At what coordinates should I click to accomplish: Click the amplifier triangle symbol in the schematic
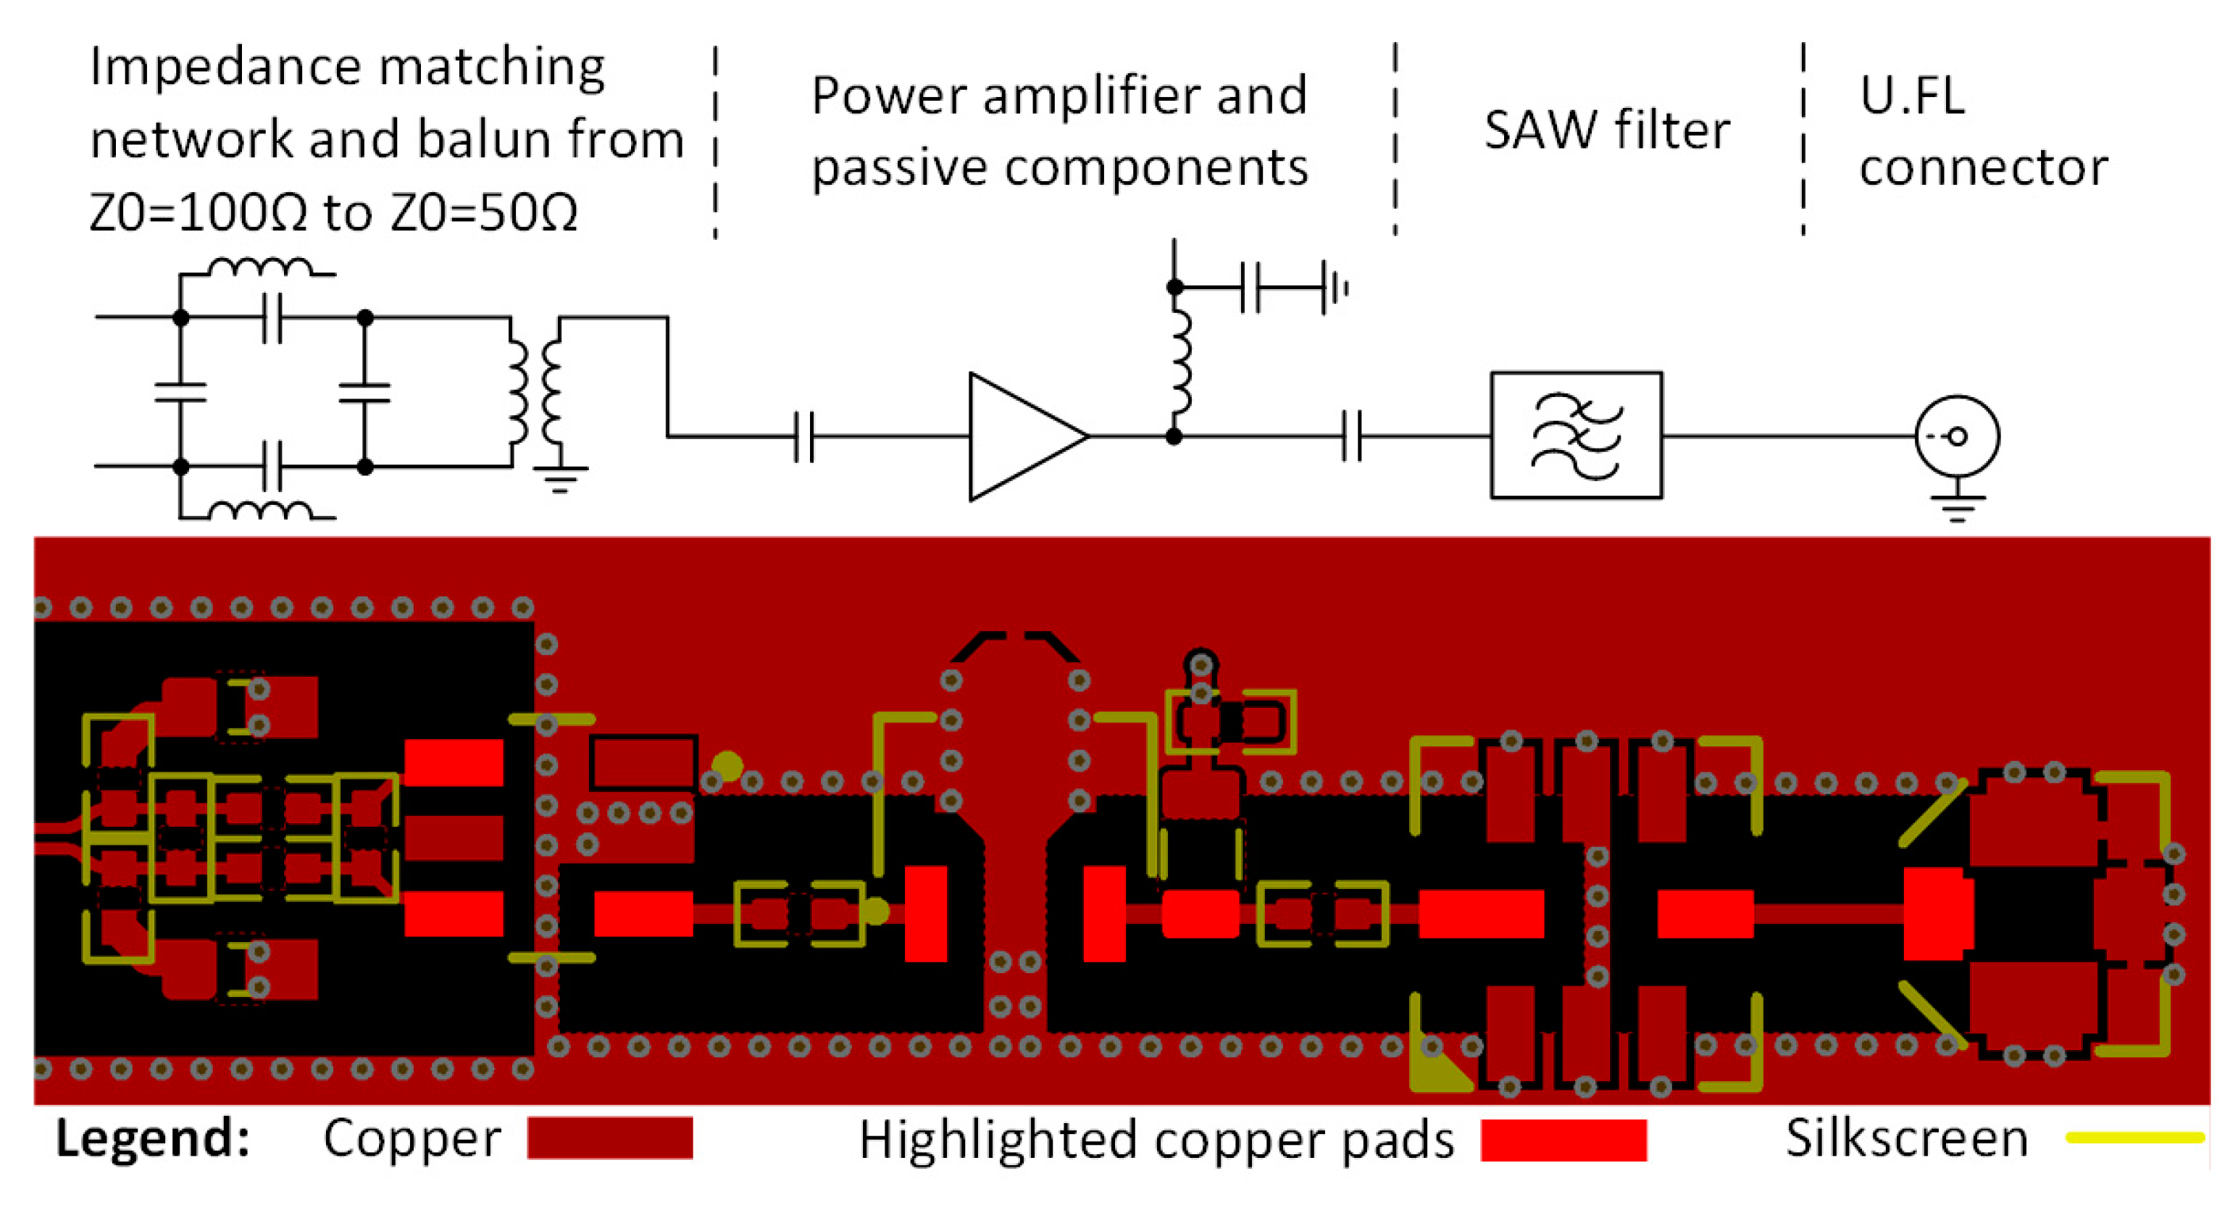coord(1021,436)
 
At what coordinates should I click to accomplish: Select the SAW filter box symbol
coord(1575,435)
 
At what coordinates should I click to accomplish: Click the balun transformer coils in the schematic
coord(534,393)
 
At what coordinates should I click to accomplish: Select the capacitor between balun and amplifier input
coord(803,436)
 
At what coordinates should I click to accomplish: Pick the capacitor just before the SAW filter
coord(1351,436)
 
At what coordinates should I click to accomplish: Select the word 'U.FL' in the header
coord(1911,96)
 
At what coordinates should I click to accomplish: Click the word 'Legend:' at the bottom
coord(153,1138)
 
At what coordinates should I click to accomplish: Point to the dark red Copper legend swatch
coord(609,1138)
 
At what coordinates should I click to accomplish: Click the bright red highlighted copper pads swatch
coord(1563,1139)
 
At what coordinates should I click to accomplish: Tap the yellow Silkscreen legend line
coord(2134,1137)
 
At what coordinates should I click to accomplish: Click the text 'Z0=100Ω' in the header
coord(198,212)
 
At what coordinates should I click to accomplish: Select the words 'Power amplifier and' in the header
coord(1059,96)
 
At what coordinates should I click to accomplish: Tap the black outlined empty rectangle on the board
coord(643,763)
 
